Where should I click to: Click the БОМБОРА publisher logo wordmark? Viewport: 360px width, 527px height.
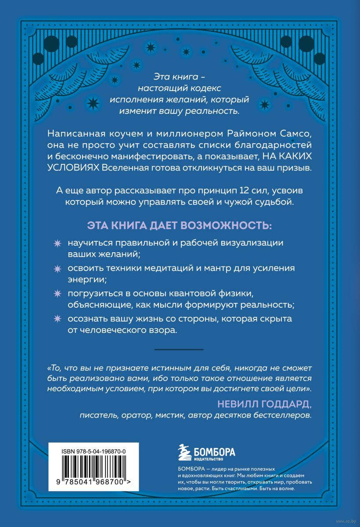(x=215, y=451)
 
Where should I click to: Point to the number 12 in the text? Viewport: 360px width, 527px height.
(x=234, y=190)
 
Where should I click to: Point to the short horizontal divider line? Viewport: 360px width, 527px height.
(x=180, y=349)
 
